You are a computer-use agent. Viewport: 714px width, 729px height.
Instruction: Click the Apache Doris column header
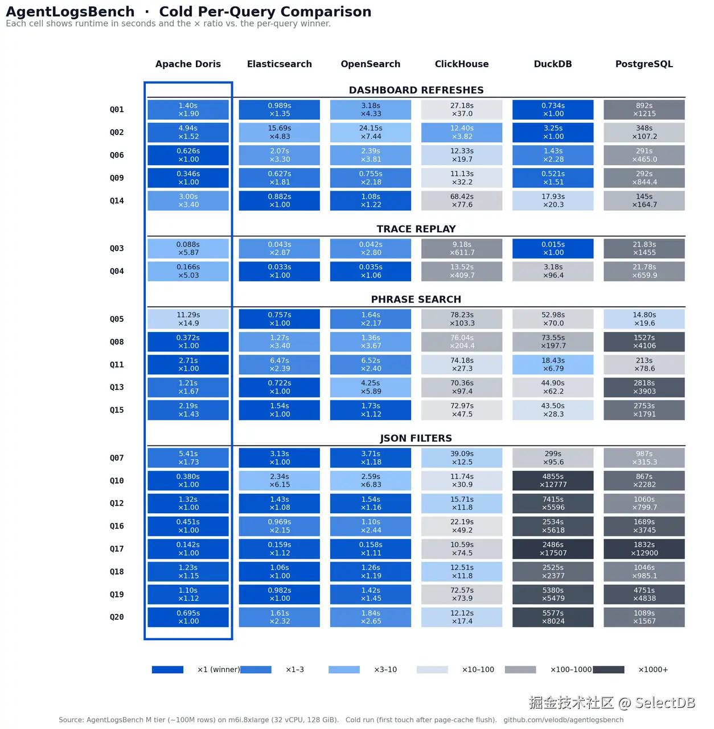click(x=188, y=64)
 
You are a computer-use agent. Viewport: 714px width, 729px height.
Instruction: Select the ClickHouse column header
click(x=462, y=64)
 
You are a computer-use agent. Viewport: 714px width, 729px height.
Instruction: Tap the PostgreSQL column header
click(x=644, y=64)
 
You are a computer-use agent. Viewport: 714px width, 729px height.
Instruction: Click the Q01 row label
click(x=117, y=110)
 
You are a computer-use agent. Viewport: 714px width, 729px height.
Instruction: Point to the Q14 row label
click(x=117, y=201)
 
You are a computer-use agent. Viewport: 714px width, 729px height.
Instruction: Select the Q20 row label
click(x=117, y=617)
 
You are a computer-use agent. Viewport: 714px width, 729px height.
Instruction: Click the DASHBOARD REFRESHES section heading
click(x=416, y=90)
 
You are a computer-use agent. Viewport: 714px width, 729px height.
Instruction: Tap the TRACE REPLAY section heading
click(x=416, y=229)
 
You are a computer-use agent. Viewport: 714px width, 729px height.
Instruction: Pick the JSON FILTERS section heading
click(x=416, y=438)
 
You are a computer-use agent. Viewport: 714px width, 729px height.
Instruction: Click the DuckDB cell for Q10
click(x=553, y=481)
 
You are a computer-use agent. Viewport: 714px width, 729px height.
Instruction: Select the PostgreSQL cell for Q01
click(x=644, y=110)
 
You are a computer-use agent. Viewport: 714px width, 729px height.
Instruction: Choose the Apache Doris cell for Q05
click(x=188, y=319)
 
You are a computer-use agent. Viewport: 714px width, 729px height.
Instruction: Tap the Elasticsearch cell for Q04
click(x=279, y=271)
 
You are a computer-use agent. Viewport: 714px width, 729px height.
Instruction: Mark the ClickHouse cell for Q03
click(x=462, y=248)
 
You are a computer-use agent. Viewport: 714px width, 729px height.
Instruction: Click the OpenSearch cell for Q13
click(x=371, y=387)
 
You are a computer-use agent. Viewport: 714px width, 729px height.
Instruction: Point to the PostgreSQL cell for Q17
click(x=644, y=549)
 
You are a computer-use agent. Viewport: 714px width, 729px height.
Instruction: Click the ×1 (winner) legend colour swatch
click(x=167, y=670)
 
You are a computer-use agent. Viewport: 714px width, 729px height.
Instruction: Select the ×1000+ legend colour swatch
click(x=609, y=670)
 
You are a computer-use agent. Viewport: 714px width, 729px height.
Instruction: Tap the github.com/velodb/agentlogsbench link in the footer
click(x=563, y=720)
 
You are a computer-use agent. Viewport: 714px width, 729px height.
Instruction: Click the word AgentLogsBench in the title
click(x=71, y=12)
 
